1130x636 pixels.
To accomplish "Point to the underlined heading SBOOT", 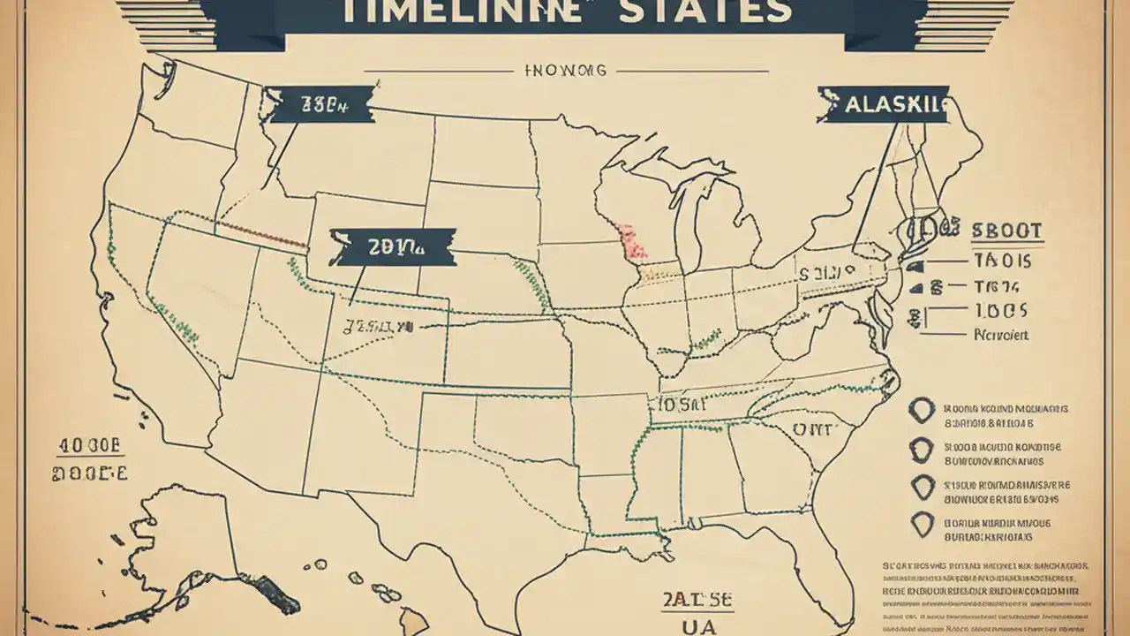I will tap(1006, 232).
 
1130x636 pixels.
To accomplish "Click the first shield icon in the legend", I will tap(922, 411).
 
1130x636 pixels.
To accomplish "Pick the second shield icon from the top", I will tap(922, 450).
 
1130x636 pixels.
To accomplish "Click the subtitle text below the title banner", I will tap(565, 71).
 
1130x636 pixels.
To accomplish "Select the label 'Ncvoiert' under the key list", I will tap(1000, 336).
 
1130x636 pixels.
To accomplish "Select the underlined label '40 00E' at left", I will tap(88, 446).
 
